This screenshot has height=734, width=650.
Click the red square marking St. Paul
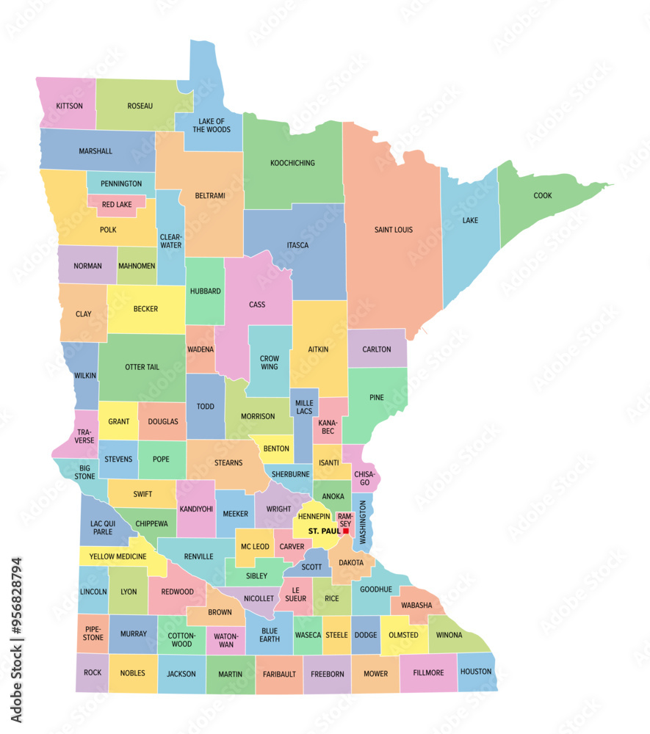pos(345,531)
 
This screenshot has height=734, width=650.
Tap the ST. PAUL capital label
pos(323,531)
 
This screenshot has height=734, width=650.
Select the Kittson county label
pos(69,106)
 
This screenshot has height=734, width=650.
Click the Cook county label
pos(543,195)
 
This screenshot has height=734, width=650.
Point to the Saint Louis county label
pos(394,230)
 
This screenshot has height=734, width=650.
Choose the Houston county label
pos(475,672)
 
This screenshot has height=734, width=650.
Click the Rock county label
pos(93,672)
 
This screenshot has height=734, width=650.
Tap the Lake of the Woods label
pos(212,125)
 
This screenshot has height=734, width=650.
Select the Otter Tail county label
pos(142,367)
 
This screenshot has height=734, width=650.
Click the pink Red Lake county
pos(117,205)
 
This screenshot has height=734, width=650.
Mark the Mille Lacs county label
pos(304,408)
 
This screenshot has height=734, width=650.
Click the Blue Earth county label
pos(270,634)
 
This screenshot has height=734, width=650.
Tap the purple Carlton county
pos(377,349)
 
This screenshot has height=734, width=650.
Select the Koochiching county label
pos(292,163)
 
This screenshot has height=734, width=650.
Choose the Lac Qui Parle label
pos(101,527)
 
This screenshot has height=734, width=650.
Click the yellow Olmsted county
pos(403,635)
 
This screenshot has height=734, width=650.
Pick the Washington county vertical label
pos(363,521)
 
